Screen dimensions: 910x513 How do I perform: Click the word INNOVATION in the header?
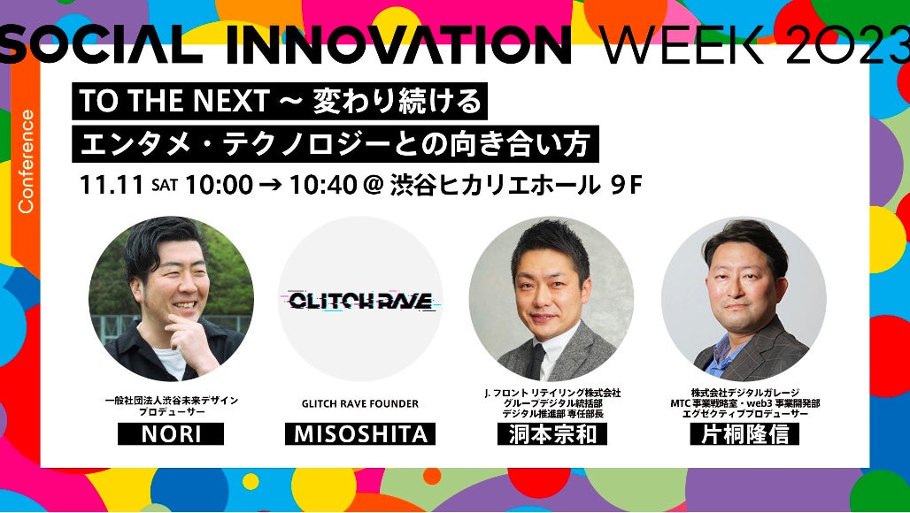pyautogui.click(x=398, y=45)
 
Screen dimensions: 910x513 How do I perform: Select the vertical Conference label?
pyautogui.click(x=27, y=161)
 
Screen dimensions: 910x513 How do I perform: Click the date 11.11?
pyautogui.click(x=112, y=186)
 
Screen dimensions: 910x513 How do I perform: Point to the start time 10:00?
pyautogui.click(x=220, y=186)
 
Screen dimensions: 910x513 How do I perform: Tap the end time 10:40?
pyautogui.click(x=323, y=186)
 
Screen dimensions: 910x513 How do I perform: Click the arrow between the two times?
pyautogui.click(x=272, y=186)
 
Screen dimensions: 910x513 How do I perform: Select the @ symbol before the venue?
pyautogui.click(x=374, y=186)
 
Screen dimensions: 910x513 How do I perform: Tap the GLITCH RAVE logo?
pyautogui.click(x=361, y=300)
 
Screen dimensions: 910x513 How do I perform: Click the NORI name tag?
pyautogui.click(x=171, y=434)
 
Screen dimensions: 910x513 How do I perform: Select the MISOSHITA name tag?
pyautogui.click(x=360, y=434)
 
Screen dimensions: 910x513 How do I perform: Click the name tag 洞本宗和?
pyautogui.click(x=552, y=434)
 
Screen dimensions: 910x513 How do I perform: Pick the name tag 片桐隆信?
pyautogui.click(x=744, y=434)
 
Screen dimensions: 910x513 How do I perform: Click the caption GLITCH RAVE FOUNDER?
pyautogui.click(x=359, y=403)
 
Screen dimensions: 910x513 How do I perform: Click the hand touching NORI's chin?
pyautogui.click(x=187, y=333)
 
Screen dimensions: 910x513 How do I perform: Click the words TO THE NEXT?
pyautogui.click(x=173, y=102)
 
